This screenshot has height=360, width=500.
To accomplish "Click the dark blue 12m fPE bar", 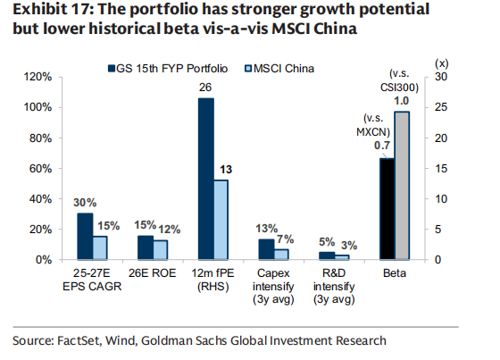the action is pos(206,179).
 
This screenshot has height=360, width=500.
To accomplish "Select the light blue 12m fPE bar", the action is pos(221,220).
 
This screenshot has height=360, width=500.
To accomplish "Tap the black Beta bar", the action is pos(387,209).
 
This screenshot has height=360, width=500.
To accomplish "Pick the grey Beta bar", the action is pos(402,186).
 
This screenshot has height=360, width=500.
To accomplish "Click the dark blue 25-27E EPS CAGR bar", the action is pos(85,236).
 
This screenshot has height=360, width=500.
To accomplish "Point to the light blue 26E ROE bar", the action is pos(161,250).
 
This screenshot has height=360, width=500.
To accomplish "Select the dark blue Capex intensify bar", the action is pos(267,249).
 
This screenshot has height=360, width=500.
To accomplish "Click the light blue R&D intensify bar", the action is pos(342,257).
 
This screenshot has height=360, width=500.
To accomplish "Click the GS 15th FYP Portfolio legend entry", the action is pos(168,68).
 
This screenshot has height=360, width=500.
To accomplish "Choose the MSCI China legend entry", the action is pos(279,68).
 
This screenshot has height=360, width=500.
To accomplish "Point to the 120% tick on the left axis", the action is pos(37,77).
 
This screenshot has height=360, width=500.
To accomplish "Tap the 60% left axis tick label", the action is pos(40,169).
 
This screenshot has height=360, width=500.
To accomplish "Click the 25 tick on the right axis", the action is pos(441,107).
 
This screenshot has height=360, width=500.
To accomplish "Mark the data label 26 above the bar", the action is pos(205,88).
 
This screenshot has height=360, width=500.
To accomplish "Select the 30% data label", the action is pos(85,203).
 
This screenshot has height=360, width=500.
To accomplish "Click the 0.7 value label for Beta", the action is pos(382,146).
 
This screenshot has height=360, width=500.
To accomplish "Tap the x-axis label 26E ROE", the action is pos(152,273).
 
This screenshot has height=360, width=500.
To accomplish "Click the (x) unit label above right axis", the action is pos(442,63).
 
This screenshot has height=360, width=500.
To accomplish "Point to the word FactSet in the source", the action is pos(79,341).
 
